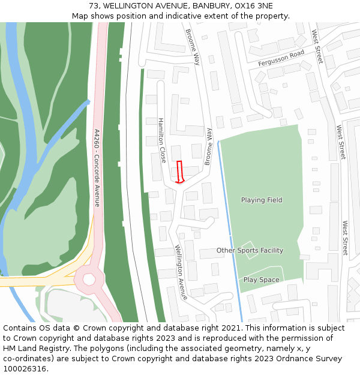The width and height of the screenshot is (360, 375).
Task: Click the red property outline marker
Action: point(179,172)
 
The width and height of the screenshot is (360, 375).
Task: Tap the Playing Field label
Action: point(262,200)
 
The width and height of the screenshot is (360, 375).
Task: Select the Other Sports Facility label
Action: point(250,250)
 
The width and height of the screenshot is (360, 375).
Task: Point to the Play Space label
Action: point(261,280)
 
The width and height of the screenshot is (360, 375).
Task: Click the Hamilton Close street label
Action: point(162,140)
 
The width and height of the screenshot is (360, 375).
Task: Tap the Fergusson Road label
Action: point(281,58)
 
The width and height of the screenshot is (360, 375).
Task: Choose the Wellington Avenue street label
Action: point(181,272)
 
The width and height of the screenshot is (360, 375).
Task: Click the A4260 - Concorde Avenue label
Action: point(97,167)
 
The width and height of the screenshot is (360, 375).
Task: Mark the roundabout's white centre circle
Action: point(89,278)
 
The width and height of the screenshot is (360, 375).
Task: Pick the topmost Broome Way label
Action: point(193,47)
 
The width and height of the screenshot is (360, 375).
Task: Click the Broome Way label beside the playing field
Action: point(208,146)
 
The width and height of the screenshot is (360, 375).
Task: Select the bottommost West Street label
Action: point(345,238)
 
